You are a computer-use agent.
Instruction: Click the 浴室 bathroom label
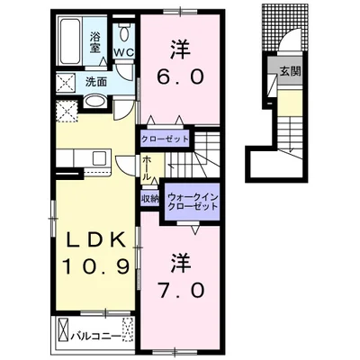[94, 42]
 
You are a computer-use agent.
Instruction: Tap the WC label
[123, 52]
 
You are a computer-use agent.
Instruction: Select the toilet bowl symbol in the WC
[123, 34]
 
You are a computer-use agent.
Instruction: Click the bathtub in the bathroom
[71, 41]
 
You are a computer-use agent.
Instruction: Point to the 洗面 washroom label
[96, 82]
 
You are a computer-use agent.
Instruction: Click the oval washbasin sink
[94, 102]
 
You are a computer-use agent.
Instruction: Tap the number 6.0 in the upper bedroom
[180, 76]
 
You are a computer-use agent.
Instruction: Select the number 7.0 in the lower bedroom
[181, 291]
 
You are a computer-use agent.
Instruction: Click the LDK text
[95, 239]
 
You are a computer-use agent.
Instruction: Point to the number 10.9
[96, 266]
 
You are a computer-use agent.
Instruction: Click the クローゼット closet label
[165, 139]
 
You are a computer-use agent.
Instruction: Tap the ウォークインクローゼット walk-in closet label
[193, 202]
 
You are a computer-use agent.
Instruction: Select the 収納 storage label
[150, 199]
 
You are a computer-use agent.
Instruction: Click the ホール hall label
[147, 168]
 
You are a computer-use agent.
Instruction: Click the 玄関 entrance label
[290, 71]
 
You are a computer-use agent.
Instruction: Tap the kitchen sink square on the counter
[99, 158]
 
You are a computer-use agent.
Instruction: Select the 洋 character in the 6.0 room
[181, 50]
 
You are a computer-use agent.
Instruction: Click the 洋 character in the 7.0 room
[181, 263]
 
